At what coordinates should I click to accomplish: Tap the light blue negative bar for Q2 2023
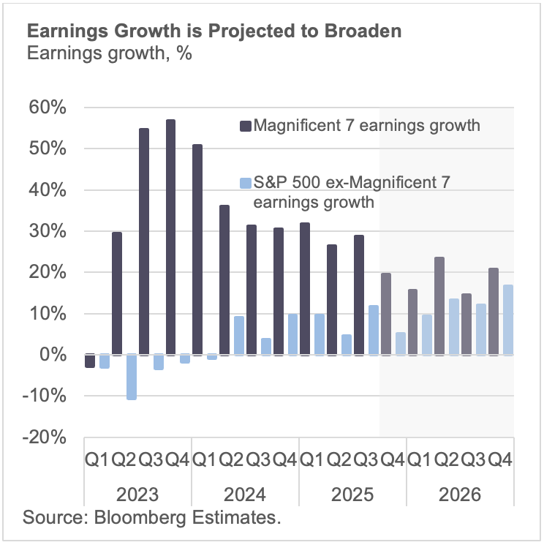tap(131, 377)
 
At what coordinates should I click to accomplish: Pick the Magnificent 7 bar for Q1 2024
tap(197, 249)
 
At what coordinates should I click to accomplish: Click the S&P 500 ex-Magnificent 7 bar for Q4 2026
tap(507, 320)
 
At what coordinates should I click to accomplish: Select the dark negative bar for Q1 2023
tap(90, 361)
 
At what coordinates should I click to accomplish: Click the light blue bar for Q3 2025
tap(373, 330)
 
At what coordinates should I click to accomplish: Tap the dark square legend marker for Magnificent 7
tap(245, 126)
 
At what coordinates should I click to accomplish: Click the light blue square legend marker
tap(245, 181)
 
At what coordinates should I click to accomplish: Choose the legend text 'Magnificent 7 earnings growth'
tap(366, 126)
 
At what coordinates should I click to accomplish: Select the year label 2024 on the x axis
tap(245, 495)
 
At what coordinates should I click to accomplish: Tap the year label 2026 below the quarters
tap(460, 495)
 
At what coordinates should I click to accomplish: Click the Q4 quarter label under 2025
tap(393, 461)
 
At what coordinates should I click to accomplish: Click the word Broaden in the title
tap(366, 33)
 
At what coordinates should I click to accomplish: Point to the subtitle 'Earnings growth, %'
tap(109, 54)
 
